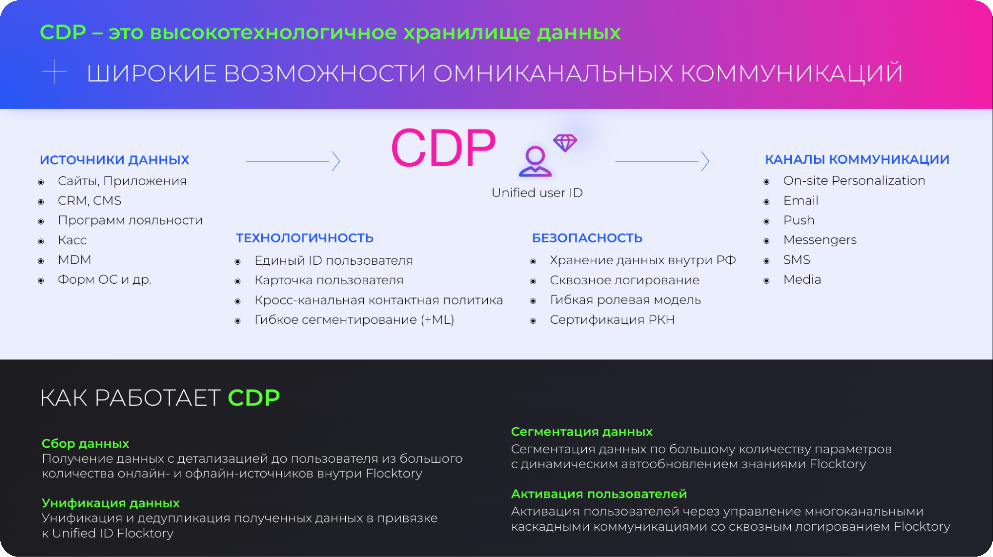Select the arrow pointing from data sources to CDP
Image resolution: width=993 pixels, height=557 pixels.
(293, 161)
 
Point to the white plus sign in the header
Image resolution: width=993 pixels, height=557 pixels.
(54, 72)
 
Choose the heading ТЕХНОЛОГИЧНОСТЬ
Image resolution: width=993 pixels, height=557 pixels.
(304, 238)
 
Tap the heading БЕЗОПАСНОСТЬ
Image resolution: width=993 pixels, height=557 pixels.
(587, 238)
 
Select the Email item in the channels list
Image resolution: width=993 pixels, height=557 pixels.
(801, 201)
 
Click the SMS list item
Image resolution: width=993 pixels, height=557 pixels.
(796, 260)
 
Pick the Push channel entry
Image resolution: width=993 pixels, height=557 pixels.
(799, 220)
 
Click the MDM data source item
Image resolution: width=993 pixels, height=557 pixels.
(74, 260)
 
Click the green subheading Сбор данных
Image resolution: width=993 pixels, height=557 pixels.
(85, 444)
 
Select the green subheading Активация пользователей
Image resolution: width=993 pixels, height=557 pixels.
(599, 494)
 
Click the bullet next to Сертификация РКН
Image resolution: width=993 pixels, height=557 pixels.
(533, 321)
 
